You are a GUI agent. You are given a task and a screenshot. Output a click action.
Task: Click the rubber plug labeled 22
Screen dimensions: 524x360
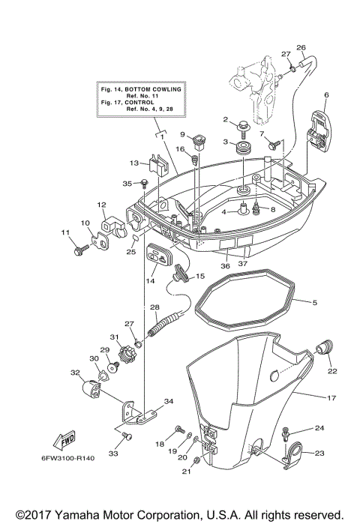tap(326, 347)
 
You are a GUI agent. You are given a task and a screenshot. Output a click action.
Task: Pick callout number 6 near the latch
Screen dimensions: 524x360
tap(326, 95)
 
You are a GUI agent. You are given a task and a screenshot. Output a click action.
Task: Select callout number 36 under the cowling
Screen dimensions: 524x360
tap(225, 265)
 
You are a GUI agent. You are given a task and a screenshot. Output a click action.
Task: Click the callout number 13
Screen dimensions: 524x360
tap(134, 162)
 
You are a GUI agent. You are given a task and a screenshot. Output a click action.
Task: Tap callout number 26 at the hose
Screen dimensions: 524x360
tap(301, 48)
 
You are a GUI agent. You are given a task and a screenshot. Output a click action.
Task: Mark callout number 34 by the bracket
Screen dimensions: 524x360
tap(168, 402)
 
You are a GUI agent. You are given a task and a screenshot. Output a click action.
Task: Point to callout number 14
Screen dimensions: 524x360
tap(150, 280)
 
